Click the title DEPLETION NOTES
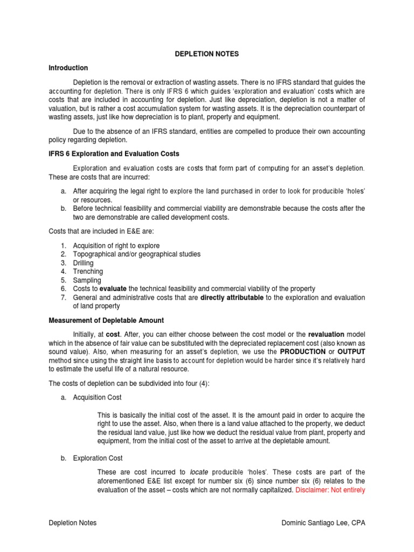pos(208,54)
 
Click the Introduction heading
pos(68,68)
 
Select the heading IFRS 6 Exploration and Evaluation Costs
pos(114,154)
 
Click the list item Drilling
pos(83,263)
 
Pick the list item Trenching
pos(88,271)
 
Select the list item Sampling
pos(87,280)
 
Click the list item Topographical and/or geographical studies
pos(136,254)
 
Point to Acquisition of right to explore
pos(116,245)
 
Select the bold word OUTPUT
pos(348,351)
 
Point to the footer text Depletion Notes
pos(73,523)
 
